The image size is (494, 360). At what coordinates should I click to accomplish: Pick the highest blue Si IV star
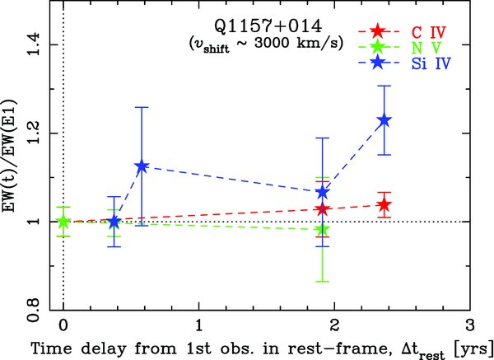click(x=384, y=120)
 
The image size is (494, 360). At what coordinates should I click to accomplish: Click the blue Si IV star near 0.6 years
click(x=142, y=166)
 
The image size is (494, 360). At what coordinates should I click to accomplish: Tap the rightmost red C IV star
click(x=384, y=205)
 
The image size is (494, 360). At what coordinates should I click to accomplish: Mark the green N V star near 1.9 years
click(x=323, y=229)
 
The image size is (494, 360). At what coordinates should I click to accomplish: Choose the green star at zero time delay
click(x=63, y=221)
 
